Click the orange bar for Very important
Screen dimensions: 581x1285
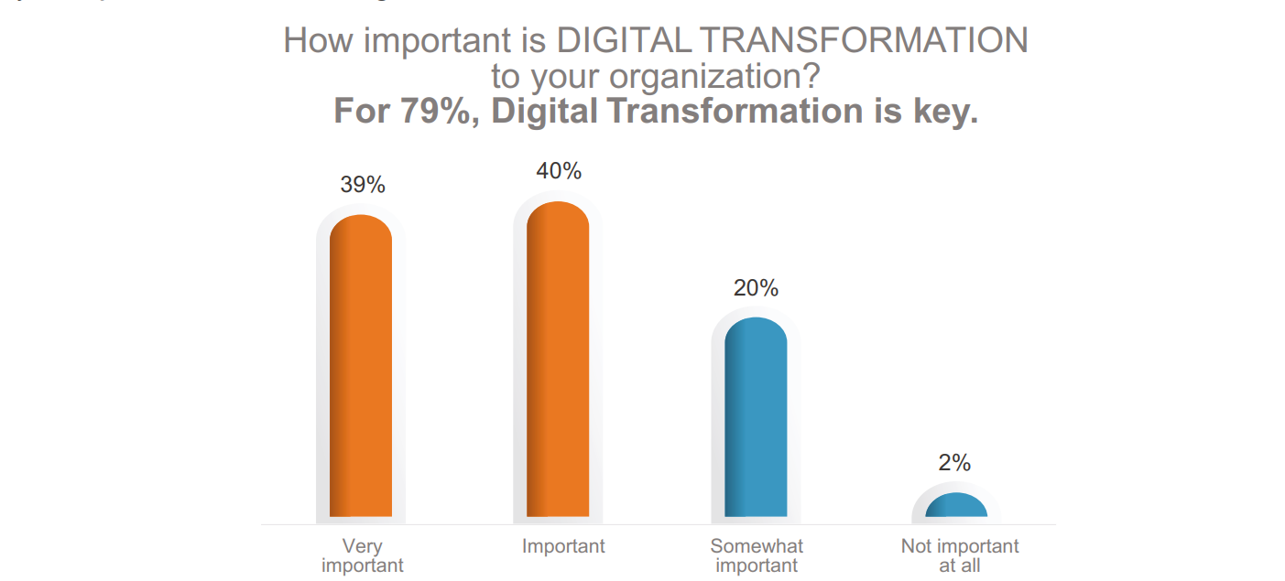point(361,366)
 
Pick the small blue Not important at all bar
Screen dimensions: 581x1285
point(956,506)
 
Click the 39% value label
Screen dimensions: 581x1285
point(363,185)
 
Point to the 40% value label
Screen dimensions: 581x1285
point(560,171)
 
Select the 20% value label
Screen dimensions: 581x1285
point(756,288)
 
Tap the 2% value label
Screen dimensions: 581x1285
point(954,463)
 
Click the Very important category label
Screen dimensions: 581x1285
point(362,556)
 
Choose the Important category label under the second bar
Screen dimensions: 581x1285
point(563,546)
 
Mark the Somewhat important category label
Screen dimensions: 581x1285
point(757,555)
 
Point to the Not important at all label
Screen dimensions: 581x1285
point(959,555)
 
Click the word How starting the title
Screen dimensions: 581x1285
point(317,41)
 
